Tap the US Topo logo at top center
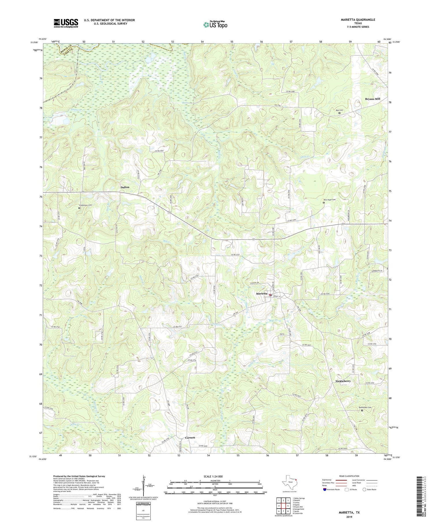coord(215,25)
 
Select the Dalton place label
coord(125,187)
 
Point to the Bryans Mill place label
coord(372,99)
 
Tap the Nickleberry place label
coord(343,381)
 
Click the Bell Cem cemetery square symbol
coord(339,113)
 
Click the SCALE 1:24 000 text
coord(213,476)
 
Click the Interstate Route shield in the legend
coord(325,489)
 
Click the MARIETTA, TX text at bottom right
coord(350,513)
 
